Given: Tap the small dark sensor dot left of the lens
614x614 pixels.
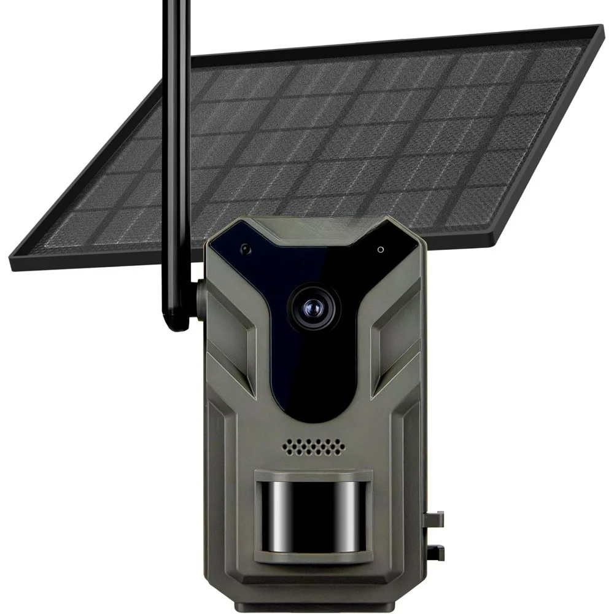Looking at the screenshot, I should pyautogui.click(x=246, y=249).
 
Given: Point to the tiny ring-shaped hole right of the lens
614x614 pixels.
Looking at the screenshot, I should pyautogui.click(x=381, y=250).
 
